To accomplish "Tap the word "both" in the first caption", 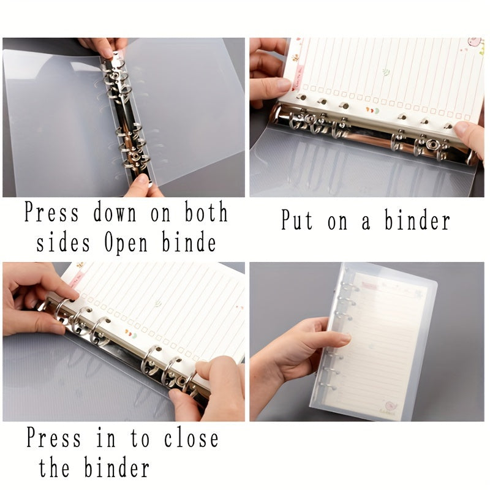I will [206, 213].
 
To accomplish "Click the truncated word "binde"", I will [189, 243].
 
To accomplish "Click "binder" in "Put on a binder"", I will [417, 220].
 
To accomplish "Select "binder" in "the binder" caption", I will [116, 468].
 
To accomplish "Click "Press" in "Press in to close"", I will [53, 439].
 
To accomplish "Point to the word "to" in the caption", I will [140, 439].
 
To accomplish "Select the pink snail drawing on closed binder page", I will [390, 405].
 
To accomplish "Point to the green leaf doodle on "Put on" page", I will [386, 72].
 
